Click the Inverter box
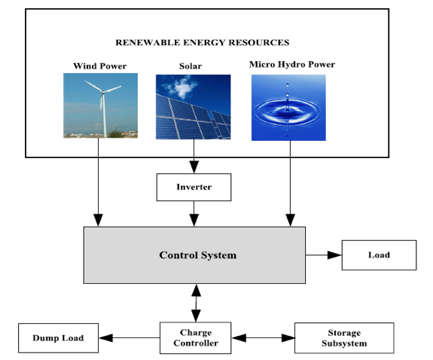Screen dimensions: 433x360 (194, 187)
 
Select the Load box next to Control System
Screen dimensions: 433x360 (379, 255)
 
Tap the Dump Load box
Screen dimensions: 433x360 (58, 338)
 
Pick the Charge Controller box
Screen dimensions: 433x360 (196, 337)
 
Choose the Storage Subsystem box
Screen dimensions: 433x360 (344, 338)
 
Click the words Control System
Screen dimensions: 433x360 (198, 255)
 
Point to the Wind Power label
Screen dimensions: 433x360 (100, 66)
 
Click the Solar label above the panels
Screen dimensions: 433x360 (191, 66)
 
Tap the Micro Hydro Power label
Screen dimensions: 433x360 (292, 65)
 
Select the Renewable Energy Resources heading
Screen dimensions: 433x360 (203, 42)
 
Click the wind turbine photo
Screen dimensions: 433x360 (100, 105)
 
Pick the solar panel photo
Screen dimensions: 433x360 (194, 107)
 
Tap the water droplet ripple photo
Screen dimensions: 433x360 (288, 108)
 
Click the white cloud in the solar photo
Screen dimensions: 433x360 (181, 86)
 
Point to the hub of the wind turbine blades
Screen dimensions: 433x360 (103, 92)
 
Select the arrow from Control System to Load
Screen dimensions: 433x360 (324, 255)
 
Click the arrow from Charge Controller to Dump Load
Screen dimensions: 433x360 (130, 337)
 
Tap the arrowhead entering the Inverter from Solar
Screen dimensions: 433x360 (194, 167)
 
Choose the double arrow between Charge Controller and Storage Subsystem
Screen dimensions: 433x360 (263, 337)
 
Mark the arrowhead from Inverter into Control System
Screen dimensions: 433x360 (194, 220)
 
